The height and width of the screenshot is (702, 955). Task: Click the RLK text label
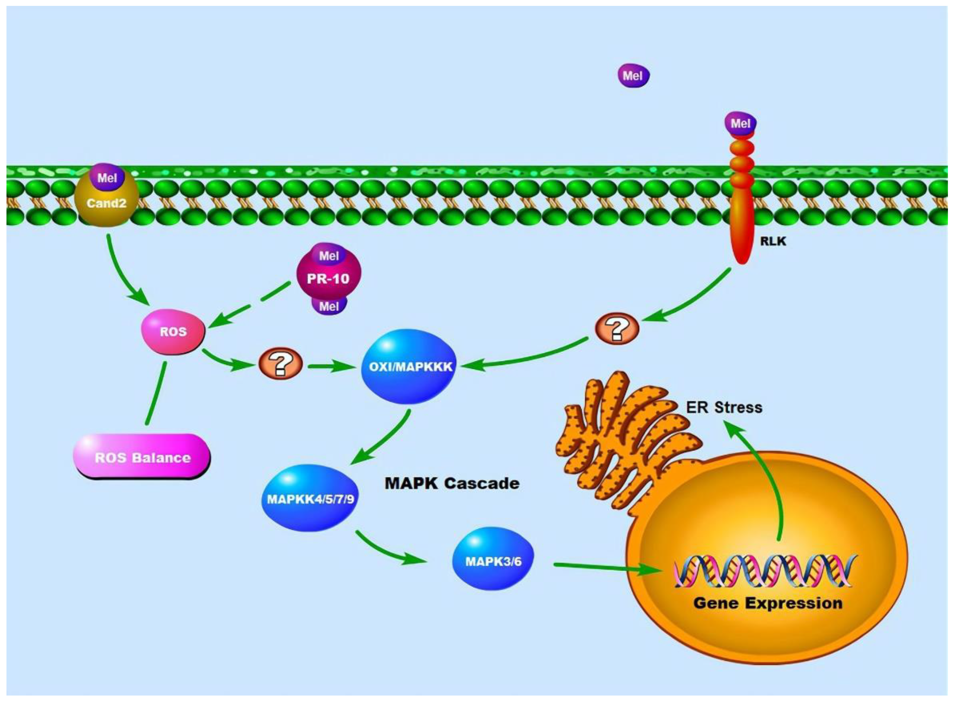coord(773,241)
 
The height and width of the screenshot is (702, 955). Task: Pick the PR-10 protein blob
coord(328,278)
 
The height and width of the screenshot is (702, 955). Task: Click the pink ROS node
coord(173,332)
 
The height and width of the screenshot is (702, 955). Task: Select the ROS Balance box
coord(142,458)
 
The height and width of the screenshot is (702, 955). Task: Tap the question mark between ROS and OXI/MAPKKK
coord(280,364)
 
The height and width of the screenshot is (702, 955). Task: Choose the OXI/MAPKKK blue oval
coord(410,366)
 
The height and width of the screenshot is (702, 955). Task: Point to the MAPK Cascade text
coord(452,483)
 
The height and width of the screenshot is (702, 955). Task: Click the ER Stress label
coord(724,407)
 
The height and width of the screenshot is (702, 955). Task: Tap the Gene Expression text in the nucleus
coord(768,603)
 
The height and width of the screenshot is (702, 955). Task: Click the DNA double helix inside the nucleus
coord(764,571)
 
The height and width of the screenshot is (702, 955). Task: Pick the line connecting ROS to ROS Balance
coord(156,393)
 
